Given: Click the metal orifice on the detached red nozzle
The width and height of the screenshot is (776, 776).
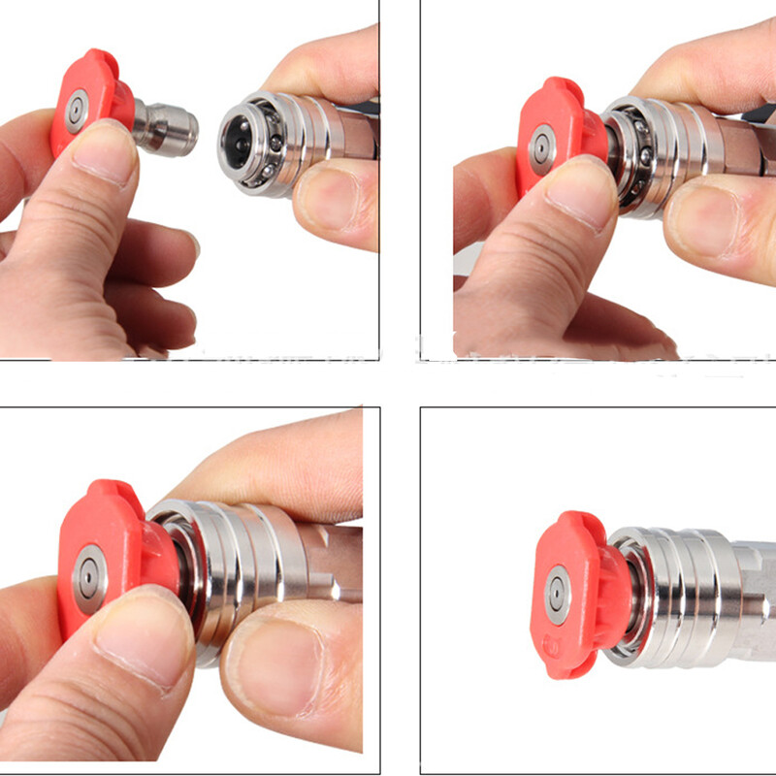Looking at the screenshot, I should coord(76,112).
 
